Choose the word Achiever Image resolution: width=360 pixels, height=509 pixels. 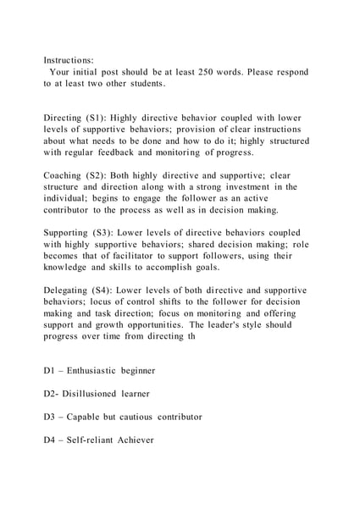click(131, 440)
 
